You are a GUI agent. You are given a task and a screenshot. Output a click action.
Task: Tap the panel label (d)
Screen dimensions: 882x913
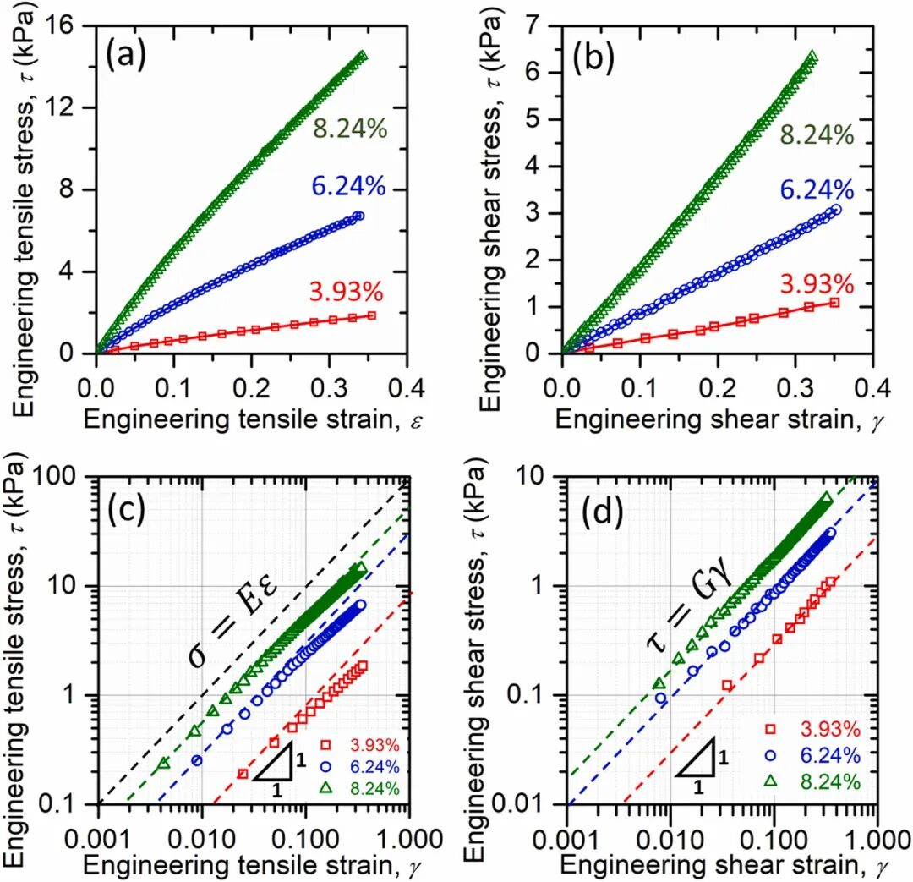tap(595, 511)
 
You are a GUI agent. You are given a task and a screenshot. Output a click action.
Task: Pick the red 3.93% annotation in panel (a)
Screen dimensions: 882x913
tap(347, 292)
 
